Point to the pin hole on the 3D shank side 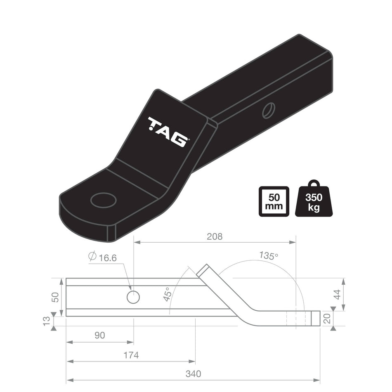[x=268, y=110]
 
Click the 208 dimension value [x=215, y=236]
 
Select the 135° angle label [x=269, y=256]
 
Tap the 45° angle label [x=167, y=294]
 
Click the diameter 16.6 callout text [x=108, y=258]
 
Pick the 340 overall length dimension [x=193, y=374]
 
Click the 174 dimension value [x=131, y=355]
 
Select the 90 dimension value [x=99, y=335]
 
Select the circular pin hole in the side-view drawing [x=133, y=297]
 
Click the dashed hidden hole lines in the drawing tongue [x=297, y=318]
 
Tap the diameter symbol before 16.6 [x=92, y=257]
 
